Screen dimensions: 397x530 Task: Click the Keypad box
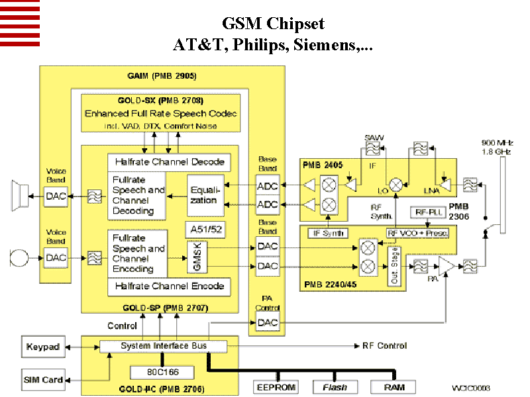43,347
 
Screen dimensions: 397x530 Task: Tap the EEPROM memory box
276,386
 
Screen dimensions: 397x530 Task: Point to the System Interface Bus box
163,346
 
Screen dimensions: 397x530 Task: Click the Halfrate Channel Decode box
169,161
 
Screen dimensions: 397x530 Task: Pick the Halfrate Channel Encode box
169,287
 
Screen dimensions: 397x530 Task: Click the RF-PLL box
426,212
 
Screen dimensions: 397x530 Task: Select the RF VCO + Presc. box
417,233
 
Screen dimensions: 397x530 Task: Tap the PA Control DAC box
267,323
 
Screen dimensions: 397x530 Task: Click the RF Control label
384,346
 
